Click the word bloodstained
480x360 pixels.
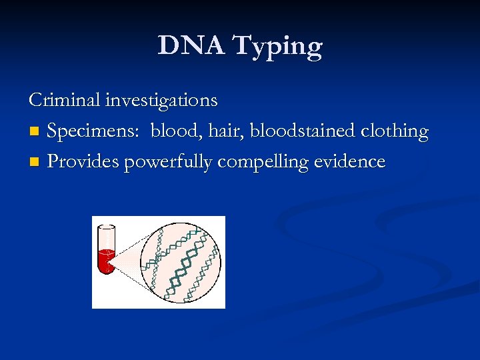click(x=302, y=131)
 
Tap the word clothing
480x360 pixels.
click(x=394, y=132)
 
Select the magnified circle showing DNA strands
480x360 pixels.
click(x=180, y=262)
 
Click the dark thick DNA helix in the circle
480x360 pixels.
click(x=183, y=264)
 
